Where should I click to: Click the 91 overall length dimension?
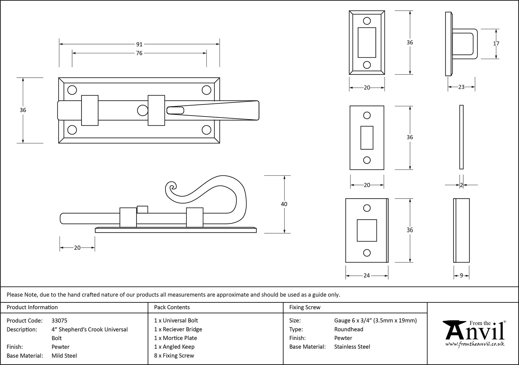point(139,44)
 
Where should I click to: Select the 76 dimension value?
point(139,53)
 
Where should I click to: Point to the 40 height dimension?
point(284,204)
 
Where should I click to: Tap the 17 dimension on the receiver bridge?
point(496,44)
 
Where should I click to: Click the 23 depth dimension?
point(461,87)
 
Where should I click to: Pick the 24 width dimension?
point(366,275)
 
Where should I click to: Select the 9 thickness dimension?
point(461,276)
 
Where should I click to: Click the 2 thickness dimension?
point(461,185)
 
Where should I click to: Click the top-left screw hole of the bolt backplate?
point(72,90)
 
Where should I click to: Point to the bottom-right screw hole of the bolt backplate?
point(207,130)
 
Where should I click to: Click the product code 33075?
point(59,321)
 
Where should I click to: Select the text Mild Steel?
point(64,356)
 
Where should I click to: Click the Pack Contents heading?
point(172,307)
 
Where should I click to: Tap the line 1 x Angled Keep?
point(174,347)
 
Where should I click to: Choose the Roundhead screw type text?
point(349,329)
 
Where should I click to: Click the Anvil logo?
point(474,331)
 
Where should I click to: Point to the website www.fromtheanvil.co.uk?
point(475,344)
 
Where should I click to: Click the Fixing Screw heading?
point(305,307)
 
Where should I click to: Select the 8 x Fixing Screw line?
point(174,356)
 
